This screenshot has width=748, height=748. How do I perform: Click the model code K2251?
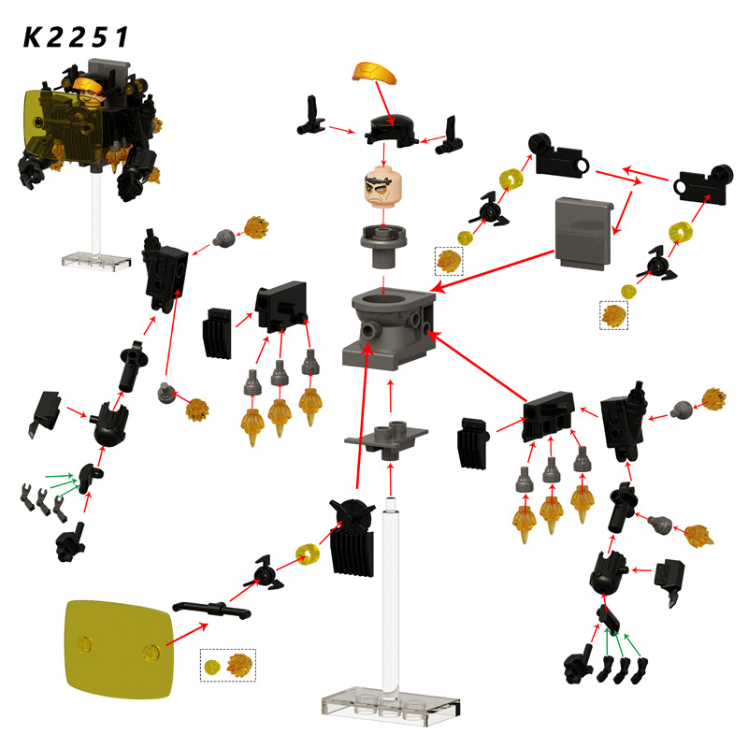(x=76, y=37)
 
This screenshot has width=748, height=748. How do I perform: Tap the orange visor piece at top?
(x=375, y=73)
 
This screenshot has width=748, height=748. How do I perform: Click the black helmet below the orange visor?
(x=391, y=130)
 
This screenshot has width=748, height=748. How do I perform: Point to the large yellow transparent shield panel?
(x=120, y=650)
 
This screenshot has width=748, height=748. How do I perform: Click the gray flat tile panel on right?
(x=583, y=234)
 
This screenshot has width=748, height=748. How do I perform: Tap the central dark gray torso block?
(x=389, y=329)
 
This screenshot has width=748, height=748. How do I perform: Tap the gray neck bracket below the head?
(x=383, y=247)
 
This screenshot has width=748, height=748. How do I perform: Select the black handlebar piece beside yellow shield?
(x=211, y=610)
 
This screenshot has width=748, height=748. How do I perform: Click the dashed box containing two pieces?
(x=228, y=665)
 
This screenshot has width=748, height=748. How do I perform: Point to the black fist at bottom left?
(x=71, y=543)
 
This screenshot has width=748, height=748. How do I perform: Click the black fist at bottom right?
(x=579, y=665)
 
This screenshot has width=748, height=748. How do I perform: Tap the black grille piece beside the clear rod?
(x=352, y=539)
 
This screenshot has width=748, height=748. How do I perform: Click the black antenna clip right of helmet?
(x=449, y=136)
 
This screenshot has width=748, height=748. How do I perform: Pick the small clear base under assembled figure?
(x=96, y=261)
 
